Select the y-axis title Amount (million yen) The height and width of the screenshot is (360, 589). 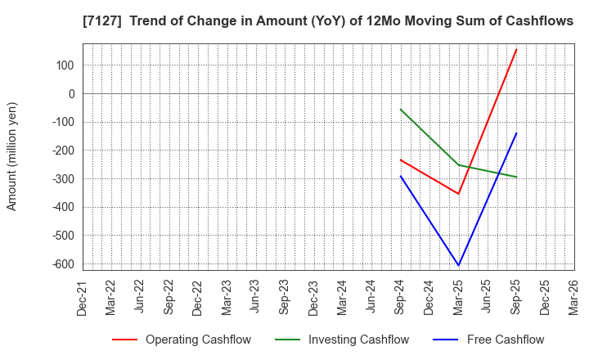[12, 156]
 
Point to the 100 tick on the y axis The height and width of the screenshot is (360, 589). [65, 65]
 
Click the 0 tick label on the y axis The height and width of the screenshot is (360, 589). [71, 94]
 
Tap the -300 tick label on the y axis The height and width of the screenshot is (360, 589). [62, 179]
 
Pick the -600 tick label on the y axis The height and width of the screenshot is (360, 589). [62, 264]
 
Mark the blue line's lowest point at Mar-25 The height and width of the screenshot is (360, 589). [458, 265]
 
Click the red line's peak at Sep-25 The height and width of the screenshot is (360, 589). [516, 49]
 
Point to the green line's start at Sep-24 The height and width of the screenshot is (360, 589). [400, 109]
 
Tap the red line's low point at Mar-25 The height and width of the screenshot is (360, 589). [458, 194]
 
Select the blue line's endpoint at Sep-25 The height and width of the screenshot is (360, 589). [516, 133]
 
